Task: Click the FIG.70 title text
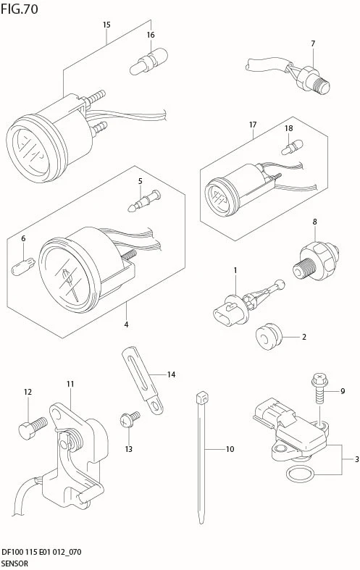coord(20,9)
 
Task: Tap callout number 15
coord(106,25)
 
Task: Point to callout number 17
coord(253,125)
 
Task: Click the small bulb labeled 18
coord(289,148)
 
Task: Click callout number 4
coord(126,324)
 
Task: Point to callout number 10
coord(230,449)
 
